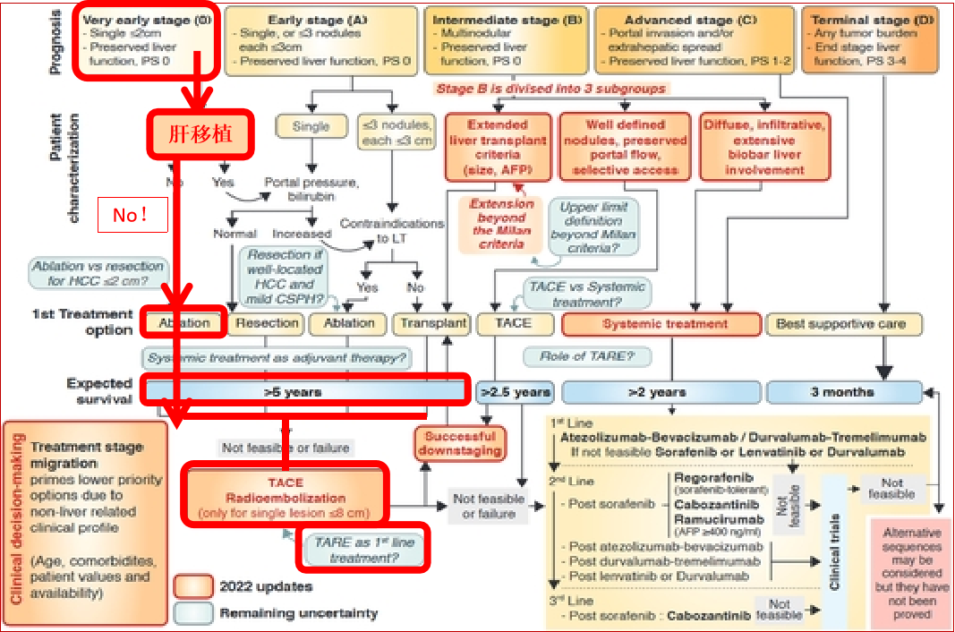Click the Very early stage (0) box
tap(146, 39)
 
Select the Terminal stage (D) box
tap(878, 39)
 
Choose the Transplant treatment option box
tap(433, 323)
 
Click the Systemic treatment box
tap(664, 323)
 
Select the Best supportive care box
tap(840, 323)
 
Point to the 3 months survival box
tap(844, 392)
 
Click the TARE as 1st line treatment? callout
tap(362, 550)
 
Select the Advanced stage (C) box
tap(695, 39)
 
